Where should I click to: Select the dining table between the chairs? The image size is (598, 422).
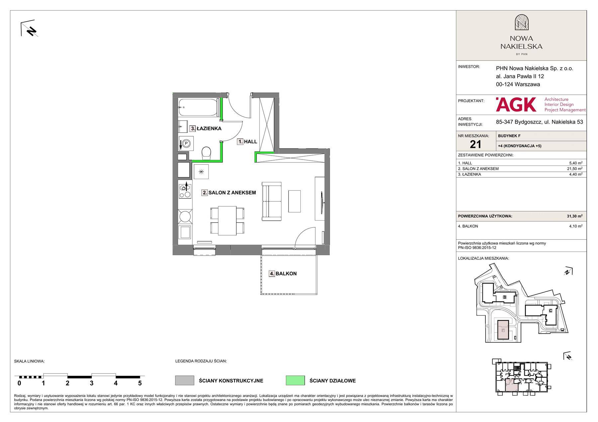pos(227,220)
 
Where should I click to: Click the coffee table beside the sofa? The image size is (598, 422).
pos(294,201)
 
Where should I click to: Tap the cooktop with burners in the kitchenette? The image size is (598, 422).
pos(185,191)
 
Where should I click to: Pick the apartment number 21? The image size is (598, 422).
pos(475,144)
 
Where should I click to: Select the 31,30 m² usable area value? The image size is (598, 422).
pos(574,216)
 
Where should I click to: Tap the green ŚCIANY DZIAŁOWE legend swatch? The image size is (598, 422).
pos(295,380)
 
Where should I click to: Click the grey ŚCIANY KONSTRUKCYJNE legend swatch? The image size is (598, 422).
pos(185,380)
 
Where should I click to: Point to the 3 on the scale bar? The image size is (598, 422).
pos(92,383)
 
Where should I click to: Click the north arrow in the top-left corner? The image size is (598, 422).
pos(29,29)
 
